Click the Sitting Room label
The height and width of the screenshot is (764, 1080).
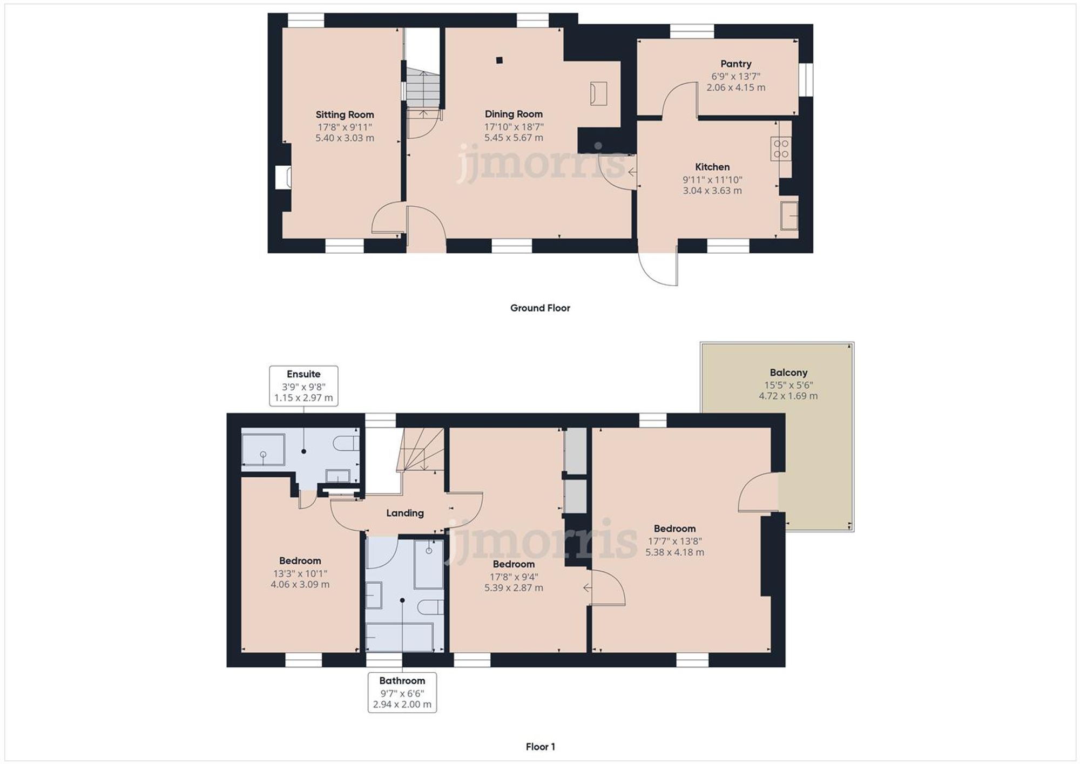click(x=345, y=114)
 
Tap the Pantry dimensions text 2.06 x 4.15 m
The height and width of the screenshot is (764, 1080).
click(x=735, y=87)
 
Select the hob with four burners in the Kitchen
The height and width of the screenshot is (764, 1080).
click(x=781, y=149)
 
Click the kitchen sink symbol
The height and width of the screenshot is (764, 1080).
click(x=789, y=215)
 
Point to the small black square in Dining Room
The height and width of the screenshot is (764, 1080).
click(x=500, y=60)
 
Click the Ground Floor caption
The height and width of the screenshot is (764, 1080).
click(x=540, y=308)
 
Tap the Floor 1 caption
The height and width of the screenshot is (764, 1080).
click(x=540, y=747)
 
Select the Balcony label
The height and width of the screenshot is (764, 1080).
click(x=788, y=373)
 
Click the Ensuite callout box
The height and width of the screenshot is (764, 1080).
click(x=303, y=386)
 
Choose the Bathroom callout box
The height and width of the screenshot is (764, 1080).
click(x=402, y=693)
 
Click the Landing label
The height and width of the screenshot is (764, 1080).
click(x=405, y=513)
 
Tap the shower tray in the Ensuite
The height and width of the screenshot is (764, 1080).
click(x=263, y=449)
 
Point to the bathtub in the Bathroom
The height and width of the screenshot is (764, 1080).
click(x=400, y=637)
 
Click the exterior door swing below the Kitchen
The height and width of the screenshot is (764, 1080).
click(x=658, y=267)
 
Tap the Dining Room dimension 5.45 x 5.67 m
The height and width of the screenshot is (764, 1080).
click(x=514, y=138)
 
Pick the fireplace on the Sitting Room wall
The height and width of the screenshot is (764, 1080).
click(x=283, y=177)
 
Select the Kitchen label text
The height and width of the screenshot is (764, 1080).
click(x=712, y=167)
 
